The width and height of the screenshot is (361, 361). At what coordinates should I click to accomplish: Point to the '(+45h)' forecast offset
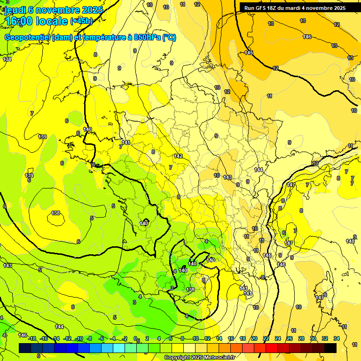pyautogui.click(x=81, y=21)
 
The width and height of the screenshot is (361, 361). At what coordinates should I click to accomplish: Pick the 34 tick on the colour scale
pyautogui.click(x=336, y=338)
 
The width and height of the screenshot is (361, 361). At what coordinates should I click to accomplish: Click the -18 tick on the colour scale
pyautogui.click(x=32, y=338)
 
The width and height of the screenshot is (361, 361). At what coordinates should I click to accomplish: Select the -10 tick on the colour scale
pyautogui.click(x=78, y=338)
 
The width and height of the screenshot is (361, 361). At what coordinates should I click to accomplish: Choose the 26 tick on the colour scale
pyautogui.click(x=290, y=338)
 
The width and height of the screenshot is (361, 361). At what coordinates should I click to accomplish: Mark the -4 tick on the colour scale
pyautogui.click(x=113, y=338)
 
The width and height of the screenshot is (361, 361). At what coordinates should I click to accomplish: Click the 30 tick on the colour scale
pyautogui.click(x=313, y=338)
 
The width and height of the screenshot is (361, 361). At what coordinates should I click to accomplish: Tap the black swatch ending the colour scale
pyautogui.click(x=330, y=348)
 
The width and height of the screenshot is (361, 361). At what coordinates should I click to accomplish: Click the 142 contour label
pyautogui.click(x=178, y=156)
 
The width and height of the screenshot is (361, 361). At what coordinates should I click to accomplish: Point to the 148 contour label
pyautogui.click(x=351, y=242)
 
